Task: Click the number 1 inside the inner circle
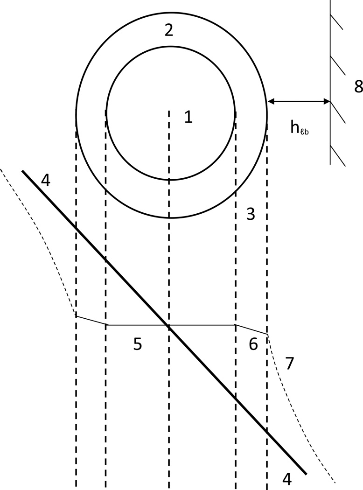(188, 117)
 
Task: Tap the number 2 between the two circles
(169, 30)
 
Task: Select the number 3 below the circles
(251, 215)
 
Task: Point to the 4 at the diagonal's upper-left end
(45, 181)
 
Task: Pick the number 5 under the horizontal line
(137, 344)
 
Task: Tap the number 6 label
(253, 344)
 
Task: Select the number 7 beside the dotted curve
(290, 363)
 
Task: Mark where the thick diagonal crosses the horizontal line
(168, 325)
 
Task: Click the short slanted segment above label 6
(251, 329)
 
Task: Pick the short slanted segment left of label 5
(91, 320)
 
